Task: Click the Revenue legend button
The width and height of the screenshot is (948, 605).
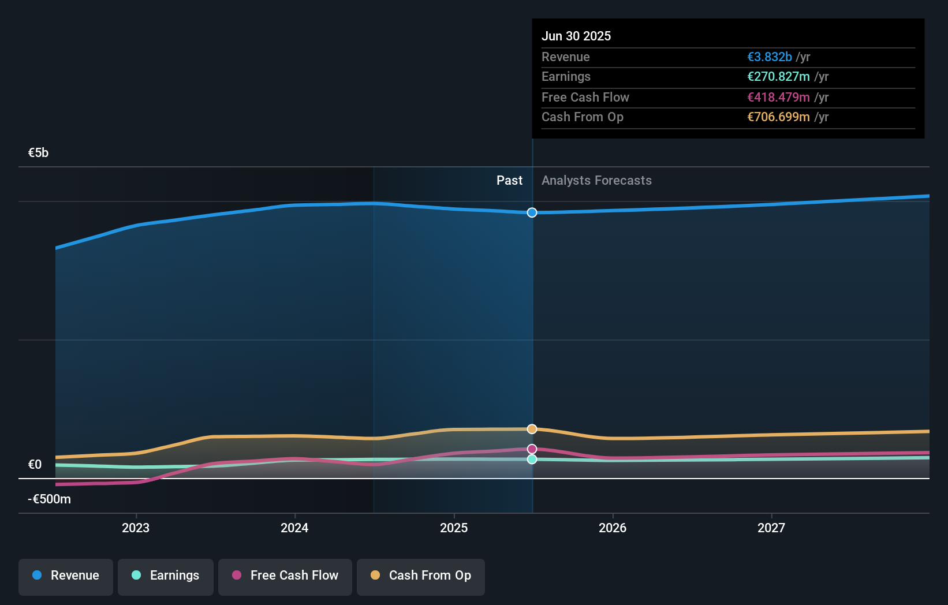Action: pos(66,576)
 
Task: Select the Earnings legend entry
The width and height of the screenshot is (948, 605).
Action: pos(166,576)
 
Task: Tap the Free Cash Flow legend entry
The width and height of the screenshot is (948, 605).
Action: pos(285,576)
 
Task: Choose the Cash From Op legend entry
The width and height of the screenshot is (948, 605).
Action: pos(421,576)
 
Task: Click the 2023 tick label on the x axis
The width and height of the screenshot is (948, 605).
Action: pos(136,528)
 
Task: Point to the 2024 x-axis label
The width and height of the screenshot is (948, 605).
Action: pos(294,528)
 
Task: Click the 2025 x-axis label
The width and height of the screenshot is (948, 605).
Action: pos(454,528)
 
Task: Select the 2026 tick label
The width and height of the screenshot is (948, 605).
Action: pos(613,528)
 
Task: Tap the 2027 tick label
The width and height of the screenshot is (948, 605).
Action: pos(771,528)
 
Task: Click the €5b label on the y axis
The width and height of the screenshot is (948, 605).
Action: pos(38,153)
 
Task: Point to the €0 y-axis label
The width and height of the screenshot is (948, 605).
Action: pos(35,465)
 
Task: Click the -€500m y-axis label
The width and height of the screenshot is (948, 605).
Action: pos(49,499)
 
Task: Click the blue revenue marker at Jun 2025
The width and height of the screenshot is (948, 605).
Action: pos(532,212)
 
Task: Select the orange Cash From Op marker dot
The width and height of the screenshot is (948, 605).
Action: pos(532,429)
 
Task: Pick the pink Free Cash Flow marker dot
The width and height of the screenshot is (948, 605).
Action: pos(532,449)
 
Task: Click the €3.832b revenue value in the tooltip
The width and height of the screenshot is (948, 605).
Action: pos(769,57)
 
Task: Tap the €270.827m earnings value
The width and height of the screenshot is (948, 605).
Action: pos(778,77)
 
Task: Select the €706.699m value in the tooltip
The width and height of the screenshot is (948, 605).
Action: pos(778,117)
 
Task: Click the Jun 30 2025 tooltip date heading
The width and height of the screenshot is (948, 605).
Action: pos(576,36)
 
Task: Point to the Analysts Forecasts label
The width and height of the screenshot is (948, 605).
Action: pos(596,181)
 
